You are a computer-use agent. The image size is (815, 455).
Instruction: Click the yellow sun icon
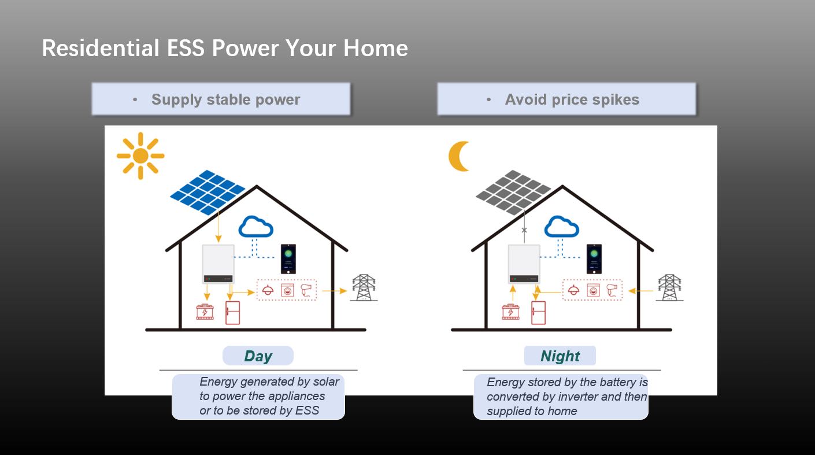pos(140,156)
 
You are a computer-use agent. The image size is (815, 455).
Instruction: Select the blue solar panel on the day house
pos(208,192)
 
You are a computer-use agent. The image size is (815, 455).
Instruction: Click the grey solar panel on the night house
pos(513,192)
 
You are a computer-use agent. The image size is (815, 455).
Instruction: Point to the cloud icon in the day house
pos(256,227)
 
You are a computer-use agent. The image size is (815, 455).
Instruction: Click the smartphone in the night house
pos(594,259)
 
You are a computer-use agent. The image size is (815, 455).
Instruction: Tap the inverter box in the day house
pos(218,264)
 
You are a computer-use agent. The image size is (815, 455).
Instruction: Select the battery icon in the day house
pos(205,312)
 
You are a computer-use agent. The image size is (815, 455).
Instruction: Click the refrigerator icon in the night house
pos(539,313)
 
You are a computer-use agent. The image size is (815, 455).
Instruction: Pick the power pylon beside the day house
pos(364,287)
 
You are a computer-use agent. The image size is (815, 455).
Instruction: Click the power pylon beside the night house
pos(669,287)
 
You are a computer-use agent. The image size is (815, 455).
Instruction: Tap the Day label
pos(258,356)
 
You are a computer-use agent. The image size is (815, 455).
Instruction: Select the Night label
pos(560,356)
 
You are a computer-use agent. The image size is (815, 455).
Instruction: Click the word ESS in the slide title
pos(186,48)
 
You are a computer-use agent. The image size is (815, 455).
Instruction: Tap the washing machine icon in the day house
pos(287,291)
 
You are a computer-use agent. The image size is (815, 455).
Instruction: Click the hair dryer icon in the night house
pos(612,290)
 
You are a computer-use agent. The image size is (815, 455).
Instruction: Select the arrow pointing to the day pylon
pos(334,291)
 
